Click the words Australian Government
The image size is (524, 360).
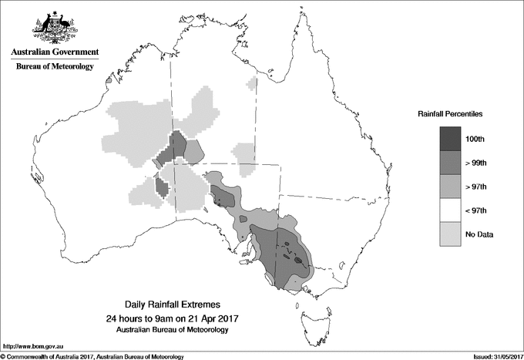(54, 52)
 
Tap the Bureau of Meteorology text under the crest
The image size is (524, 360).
(54, 67)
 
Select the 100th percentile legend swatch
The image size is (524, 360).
(452, 138)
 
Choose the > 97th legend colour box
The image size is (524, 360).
(452, 186)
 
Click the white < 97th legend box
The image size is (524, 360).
(452, 210)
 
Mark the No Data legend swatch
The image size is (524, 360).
(452, 234)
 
